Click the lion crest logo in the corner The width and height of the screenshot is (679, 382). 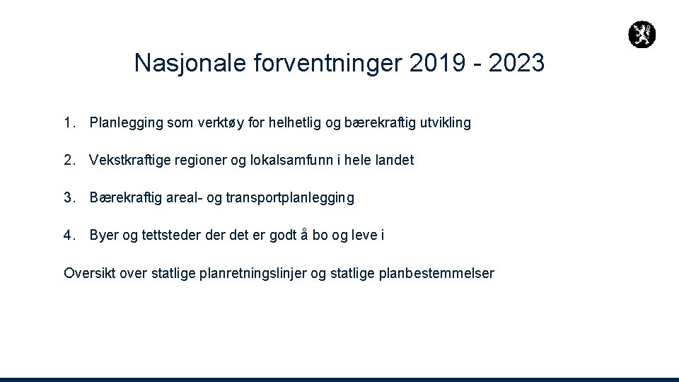(x=642, y=34)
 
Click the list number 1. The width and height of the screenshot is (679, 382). (x=68, y=123)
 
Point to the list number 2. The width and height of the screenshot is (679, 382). (x=68, y=161)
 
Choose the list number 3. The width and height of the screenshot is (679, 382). (x=68, y=198)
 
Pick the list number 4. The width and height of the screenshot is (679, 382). (x=68, y=236)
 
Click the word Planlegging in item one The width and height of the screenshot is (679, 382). (x=123, y=124)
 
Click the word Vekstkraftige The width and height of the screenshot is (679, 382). (x=129, y=161)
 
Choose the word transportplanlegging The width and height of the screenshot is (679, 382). (x=290, y=199)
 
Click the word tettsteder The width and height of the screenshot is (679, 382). (x=173, y=236)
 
